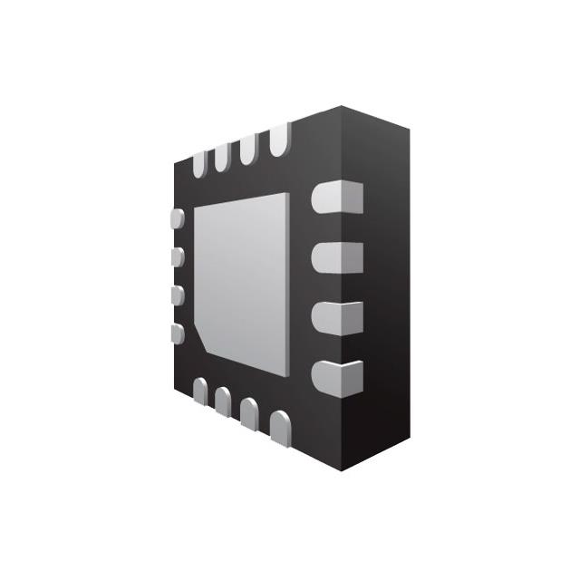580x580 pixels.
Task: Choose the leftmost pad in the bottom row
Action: coord(199,391)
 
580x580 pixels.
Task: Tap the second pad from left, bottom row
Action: coord(222,400)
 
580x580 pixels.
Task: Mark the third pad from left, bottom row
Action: coord(247,411)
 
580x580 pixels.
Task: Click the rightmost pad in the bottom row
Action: coord(280,425)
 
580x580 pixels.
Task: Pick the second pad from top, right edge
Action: coord(336,256)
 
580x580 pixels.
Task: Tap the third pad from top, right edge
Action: coord(336,316)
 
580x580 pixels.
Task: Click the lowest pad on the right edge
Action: coord(336,376)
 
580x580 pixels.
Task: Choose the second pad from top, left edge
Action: coord(178,257)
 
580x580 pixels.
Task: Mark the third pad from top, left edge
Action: coord(178,295)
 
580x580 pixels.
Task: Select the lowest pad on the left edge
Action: coord(178,333)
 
